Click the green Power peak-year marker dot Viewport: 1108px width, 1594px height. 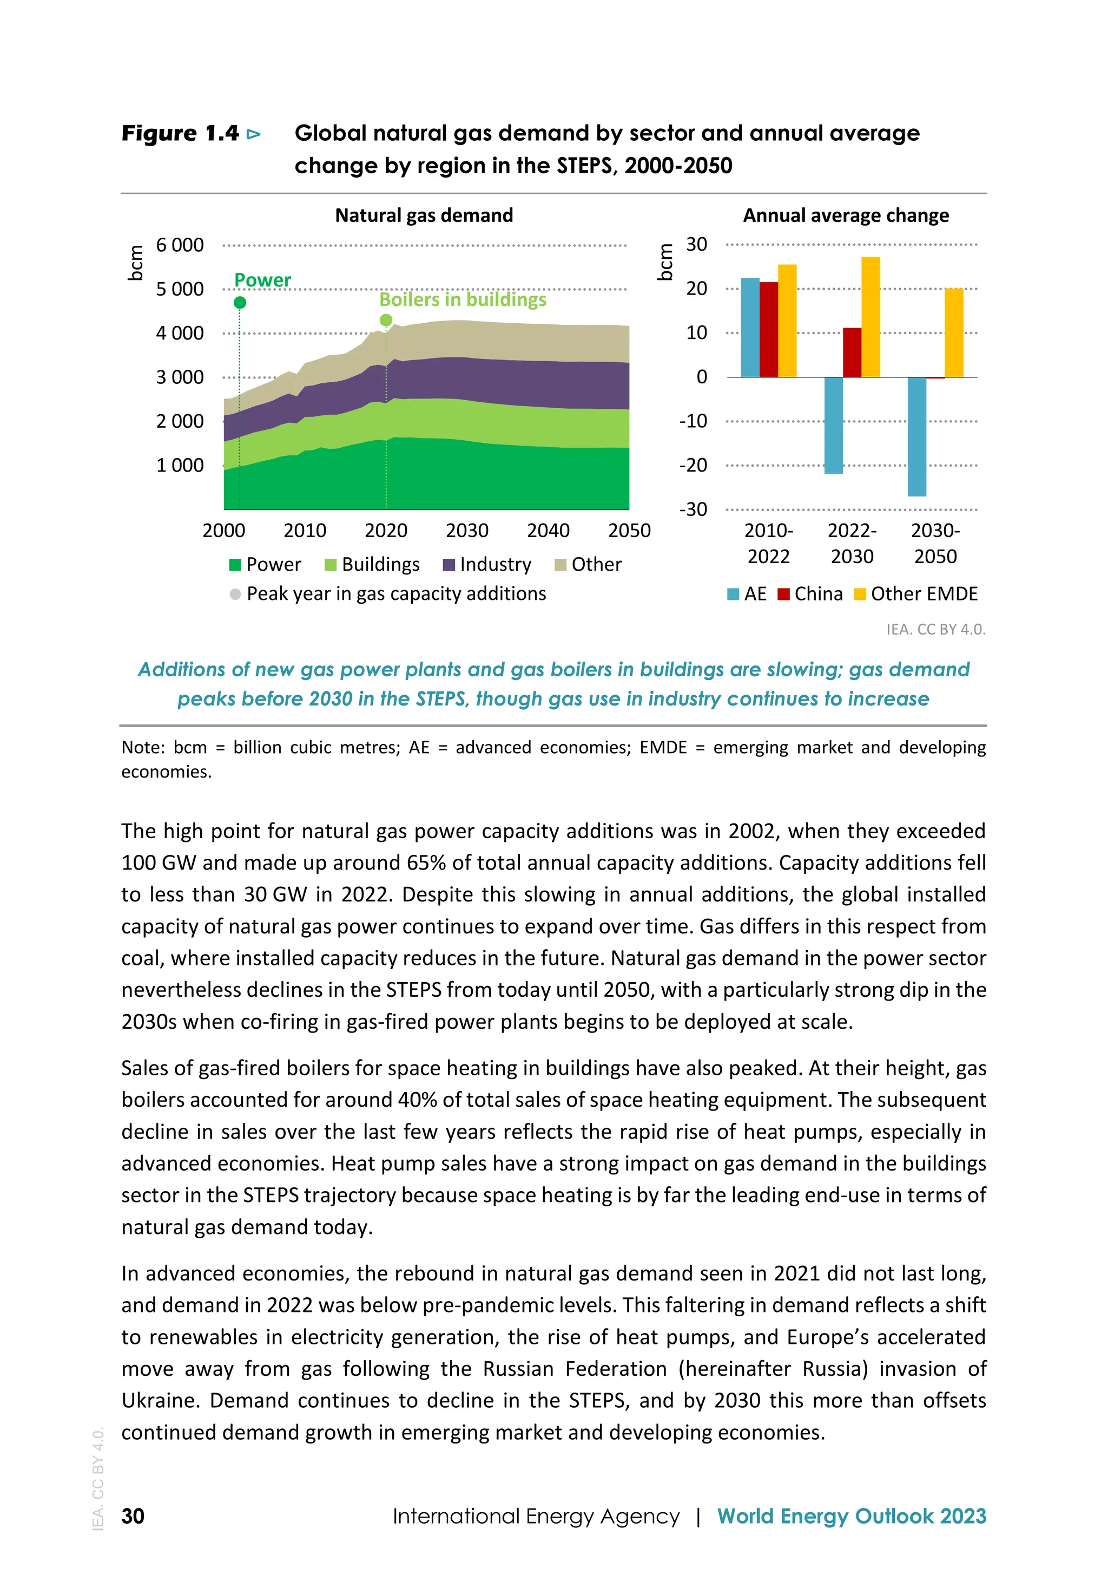pos(239,303)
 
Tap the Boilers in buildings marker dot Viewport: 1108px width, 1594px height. pos(386,320)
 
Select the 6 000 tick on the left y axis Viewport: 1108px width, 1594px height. pos(180,245)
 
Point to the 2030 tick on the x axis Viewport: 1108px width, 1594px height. pos(467,531)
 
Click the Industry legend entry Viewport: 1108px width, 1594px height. pos(486,564)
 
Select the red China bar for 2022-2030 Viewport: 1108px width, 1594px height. pos(852,352)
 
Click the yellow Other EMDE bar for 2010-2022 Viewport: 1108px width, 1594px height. pos(787,321)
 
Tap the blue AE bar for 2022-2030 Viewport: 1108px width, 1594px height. pos(833,425)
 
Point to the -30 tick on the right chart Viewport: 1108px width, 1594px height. pos(693,509)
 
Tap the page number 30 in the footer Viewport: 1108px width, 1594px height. pos(133,1515)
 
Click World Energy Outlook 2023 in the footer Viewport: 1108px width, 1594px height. pos(852,1515)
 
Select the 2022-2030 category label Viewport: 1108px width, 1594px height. pos(852,544)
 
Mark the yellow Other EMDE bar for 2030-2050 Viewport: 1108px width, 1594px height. pos(953,332)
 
